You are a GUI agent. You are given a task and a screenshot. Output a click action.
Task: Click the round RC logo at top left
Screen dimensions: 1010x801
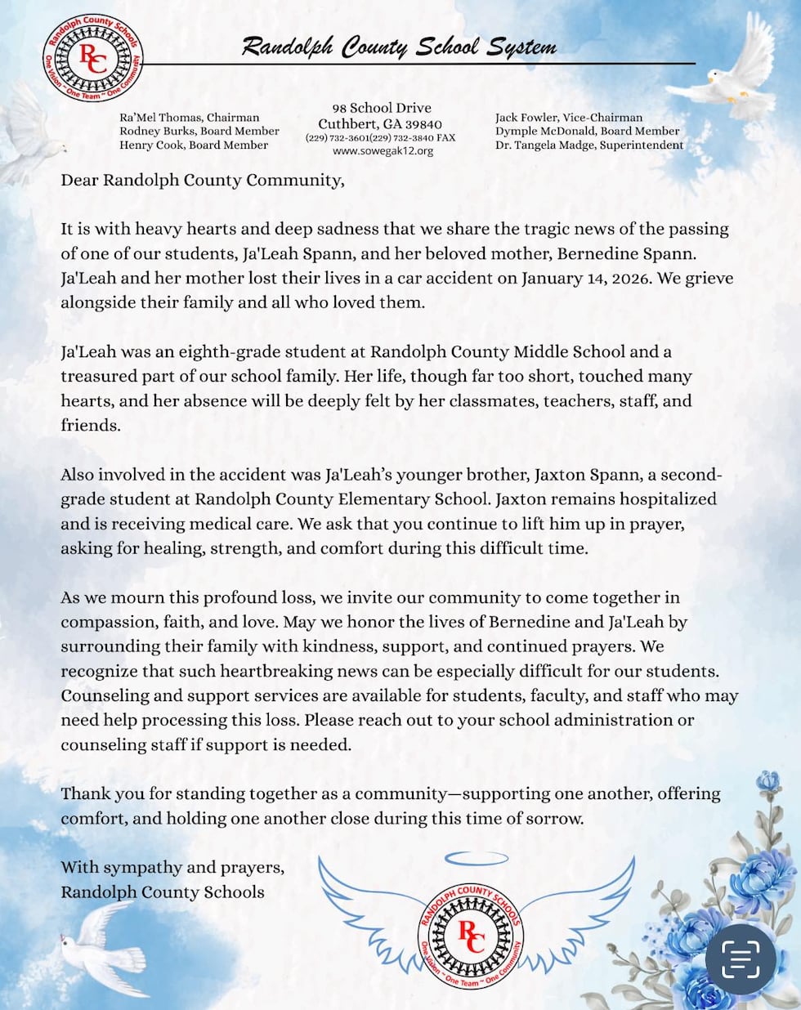pos(92,58)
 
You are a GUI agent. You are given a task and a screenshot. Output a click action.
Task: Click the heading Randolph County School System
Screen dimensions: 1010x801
pos(399,47)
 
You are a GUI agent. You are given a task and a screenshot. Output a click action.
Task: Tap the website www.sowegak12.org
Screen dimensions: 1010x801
pos(383,151)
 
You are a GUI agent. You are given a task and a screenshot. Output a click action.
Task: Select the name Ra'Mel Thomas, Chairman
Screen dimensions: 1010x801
pos(189,118)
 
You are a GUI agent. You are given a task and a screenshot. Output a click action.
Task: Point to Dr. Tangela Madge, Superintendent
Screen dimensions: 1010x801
pos(588,145)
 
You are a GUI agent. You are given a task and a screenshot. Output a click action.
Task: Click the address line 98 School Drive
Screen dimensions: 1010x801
pos(382,108)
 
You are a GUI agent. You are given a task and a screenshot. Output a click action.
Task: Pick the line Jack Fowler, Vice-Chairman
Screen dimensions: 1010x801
pos(569,118)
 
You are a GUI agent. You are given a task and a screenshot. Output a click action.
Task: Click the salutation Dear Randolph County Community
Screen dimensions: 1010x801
pos(202,180)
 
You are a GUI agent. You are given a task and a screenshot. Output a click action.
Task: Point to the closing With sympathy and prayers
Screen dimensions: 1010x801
pos(172,867)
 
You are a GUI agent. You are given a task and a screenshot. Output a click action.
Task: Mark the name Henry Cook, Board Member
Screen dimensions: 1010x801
pos(193,145)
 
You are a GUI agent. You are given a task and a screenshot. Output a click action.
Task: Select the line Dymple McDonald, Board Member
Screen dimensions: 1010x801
pos(587,131)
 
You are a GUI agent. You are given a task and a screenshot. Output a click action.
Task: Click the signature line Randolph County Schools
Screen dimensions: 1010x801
pos(162,892)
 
